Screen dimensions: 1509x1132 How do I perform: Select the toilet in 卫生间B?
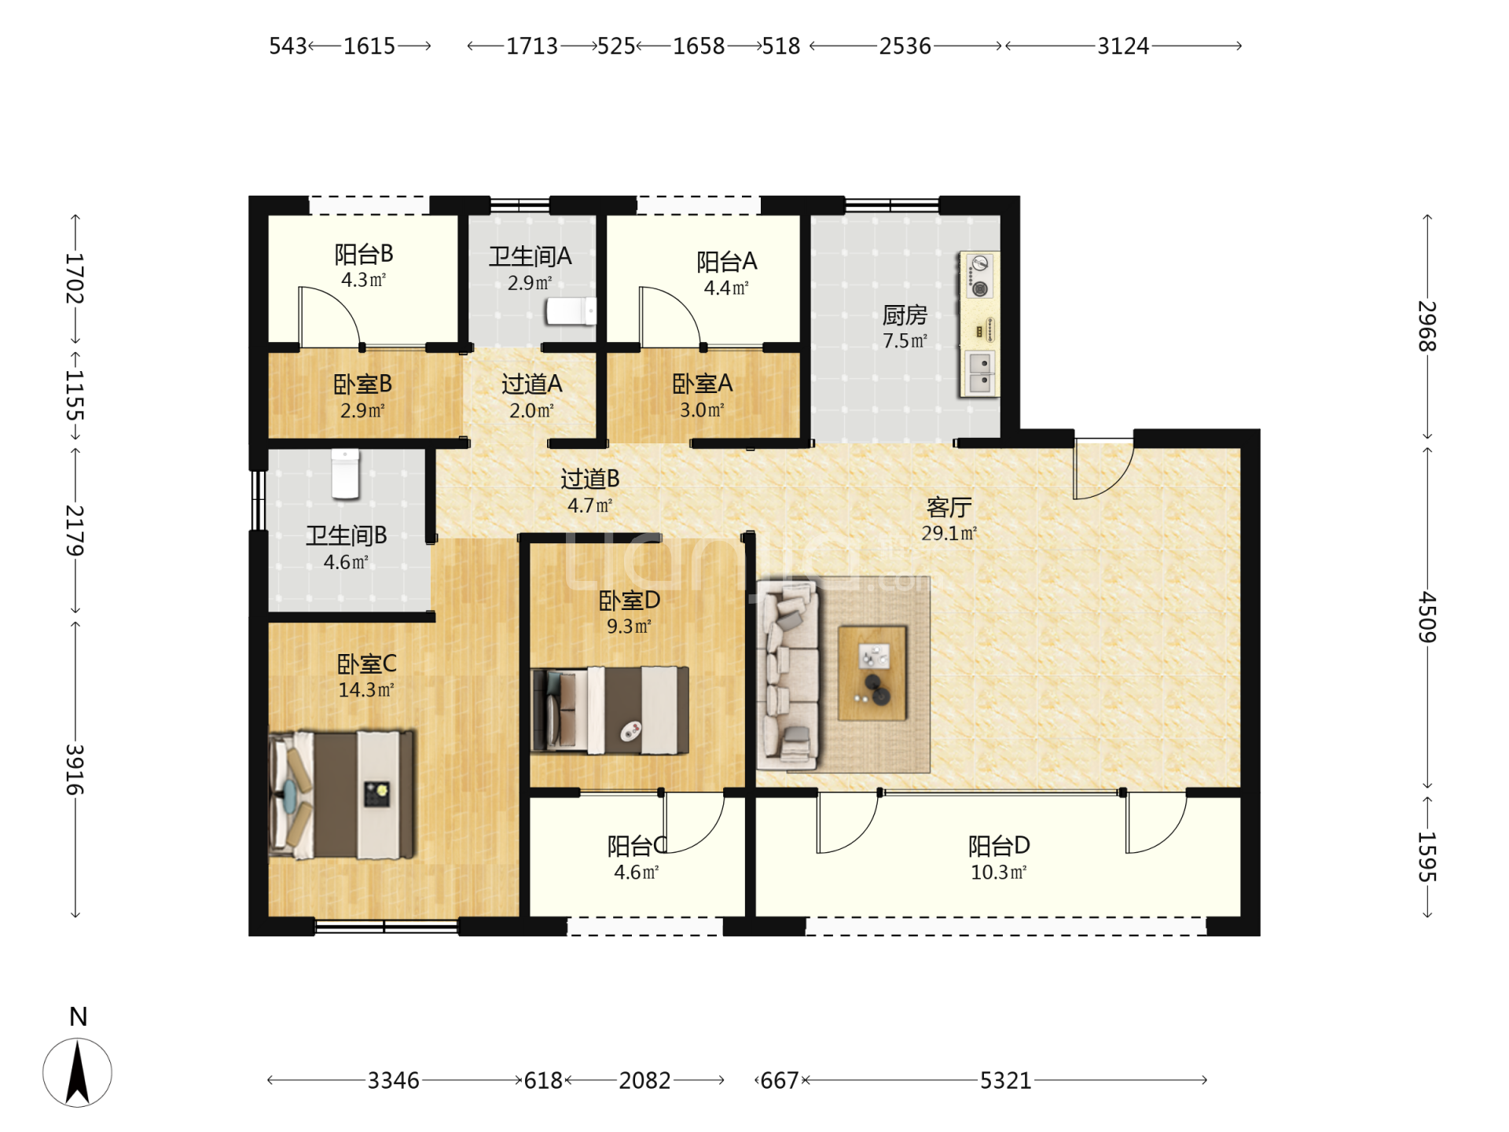coord(345,473)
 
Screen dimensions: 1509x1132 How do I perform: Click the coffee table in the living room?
coord(872,673)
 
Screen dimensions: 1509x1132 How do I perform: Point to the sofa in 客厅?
coord(788,675)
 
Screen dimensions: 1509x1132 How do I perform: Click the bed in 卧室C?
coord(342,795)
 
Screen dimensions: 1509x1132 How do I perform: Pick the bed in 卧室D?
coord(610,711)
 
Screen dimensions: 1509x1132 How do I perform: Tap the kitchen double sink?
coord(979,373)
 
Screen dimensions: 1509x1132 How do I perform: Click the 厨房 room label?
coord(905,315)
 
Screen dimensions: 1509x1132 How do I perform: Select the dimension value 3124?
coord(1123,46)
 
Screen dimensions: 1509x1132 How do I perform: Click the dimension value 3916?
coord(75,770)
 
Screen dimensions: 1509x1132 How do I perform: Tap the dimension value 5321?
coord(1005,1081)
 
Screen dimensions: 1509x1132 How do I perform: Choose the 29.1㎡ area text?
coord(949,533)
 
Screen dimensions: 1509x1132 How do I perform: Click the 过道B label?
coord(589,478)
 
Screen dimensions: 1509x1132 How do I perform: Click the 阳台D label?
coord(999,846)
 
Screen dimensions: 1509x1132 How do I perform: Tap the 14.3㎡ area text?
coord(365,690)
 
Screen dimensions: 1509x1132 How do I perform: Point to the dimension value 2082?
coord(644,1081)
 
